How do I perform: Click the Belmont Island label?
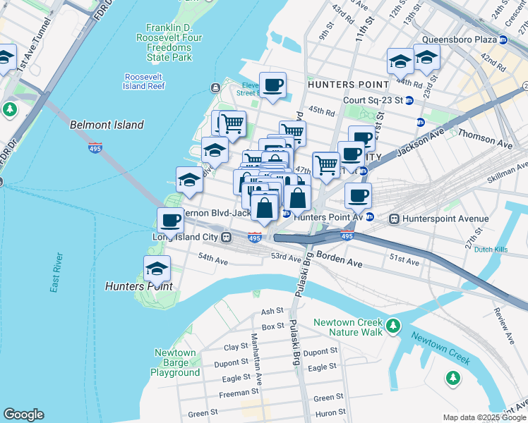coord(107,125)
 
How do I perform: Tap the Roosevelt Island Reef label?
coord(144,81)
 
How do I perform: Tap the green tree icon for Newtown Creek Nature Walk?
coord(393,326)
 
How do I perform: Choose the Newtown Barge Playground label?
coord(175,362)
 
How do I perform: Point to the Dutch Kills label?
coord(493,250)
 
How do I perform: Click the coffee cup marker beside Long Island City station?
coord(170,221)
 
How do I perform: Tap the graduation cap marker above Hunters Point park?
coord(157,269)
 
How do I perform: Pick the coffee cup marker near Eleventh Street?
coord(272,85)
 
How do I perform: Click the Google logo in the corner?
coord(23,415)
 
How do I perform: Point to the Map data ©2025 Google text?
coord(484,417)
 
